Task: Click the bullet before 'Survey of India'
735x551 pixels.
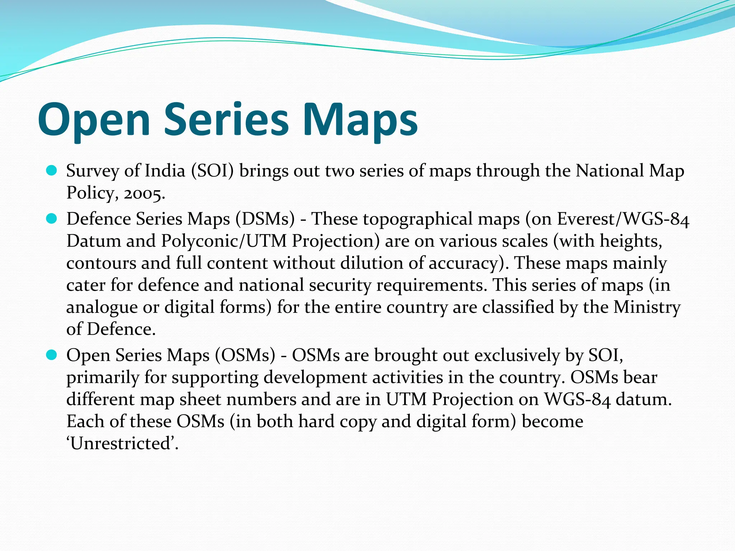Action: tap(52, 171)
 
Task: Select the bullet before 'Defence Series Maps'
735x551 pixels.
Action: tap(52, 218)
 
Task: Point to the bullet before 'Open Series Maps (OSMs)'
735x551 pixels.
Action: tap(52, 355)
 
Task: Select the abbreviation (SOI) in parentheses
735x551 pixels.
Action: tap(212, 171)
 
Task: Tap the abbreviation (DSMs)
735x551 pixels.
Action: tap(265, 218)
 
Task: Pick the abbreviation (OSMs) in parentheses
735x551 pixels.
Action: tap(245, 355)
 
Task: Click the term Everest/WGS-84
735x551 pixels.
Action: tap(623, 218)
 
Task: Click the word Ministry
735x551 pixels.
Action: tap(647, 307)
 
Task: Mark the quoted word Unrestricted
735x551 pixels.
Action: tap(122, 443)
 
